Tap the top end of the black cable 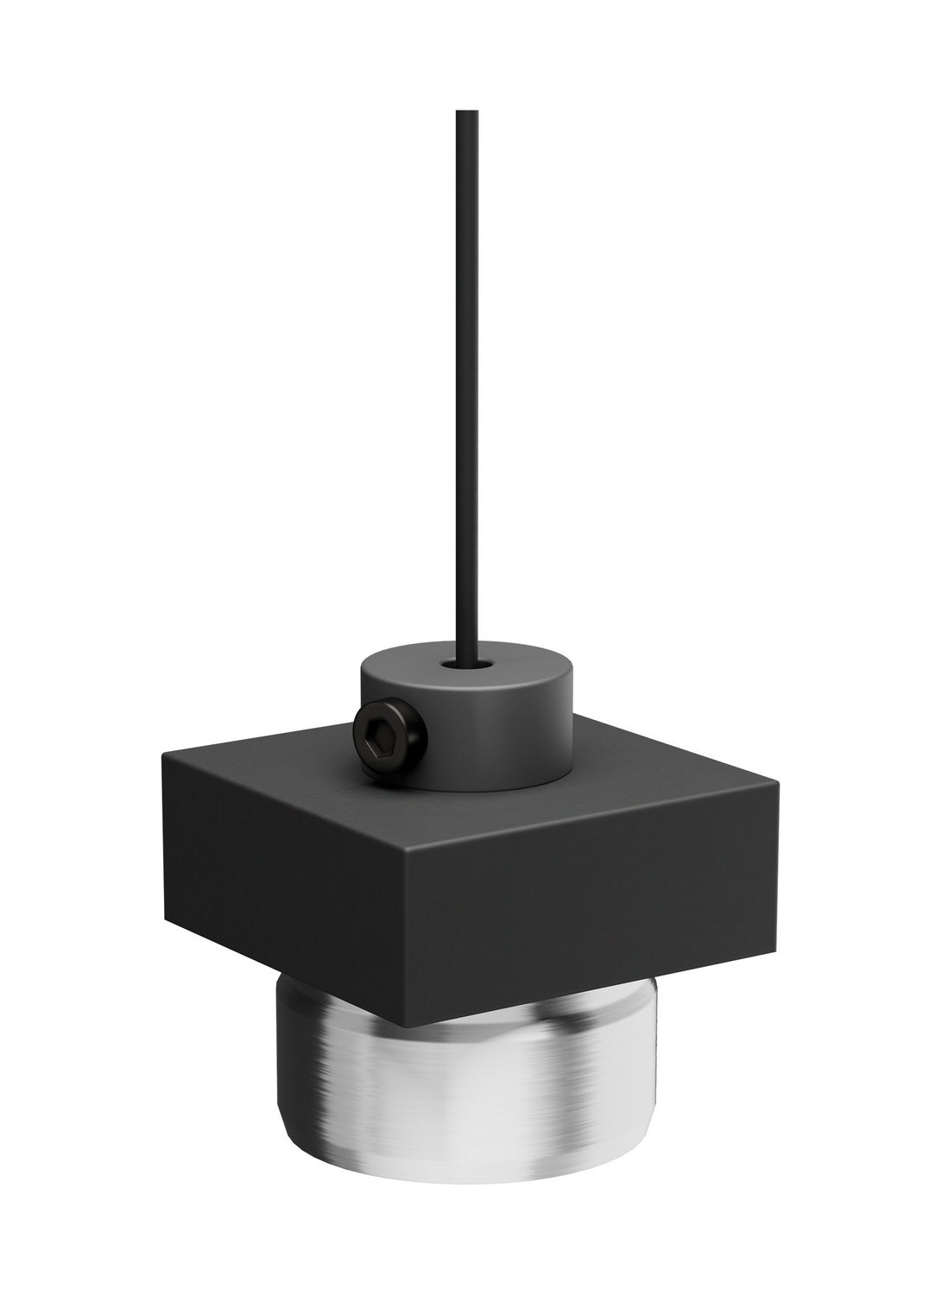click(x=467, y=113)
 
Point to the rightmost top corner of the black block click(x=779, y=783)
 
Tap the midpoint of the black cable click(x=467, y=388)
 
